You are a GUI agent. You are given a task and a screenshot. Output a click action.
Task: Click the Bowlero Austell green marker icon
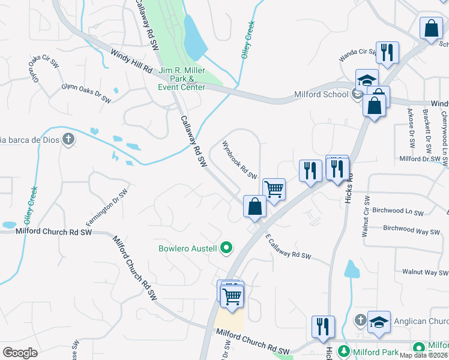tap(226, 247)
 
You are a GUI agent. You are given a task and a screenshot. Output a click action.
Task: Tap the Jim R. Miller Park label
tap(182, 79)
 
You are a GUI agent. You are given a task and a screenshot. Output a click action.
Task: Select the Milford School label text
tap(321, 94)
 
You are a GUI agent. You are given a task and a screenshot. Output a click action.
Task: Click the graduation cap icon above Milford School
tap(367, 80)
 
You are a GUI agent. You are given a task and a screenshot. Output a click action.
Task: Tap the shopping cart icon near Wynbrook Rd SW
tap(274, 189)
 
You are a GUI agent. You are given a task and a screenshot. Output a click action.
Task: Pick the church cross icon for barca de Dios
tap(68, 140)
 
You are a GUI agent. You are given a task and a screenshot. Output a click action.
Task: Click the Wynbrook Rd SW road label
tap(239, 160)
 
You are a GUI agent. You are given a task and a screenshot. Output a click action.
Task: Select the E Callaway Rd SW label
tap(288, 246)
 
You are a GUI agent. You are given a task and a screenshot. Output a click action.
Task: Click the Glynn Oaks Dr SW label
tap(86, 92)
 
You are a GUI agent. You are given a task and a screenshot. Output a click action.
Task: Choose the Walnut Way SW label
tap(425, 272)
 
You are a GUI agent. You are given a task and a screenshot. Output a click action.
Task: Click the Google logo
tap(20, 352)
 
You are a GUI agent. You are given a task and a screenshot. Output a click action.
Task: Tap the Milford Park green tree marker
tap(345, 350)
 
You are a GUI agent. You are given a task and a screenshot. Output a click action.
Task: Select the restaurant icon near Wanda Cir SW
tap(387, 52)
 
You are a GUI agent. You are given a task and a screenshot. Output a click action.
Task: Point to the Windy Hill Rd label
tap(131, 61)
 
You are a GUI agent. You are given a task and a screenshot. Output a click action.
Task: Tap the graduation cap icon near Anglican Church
tap(379, 322)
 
